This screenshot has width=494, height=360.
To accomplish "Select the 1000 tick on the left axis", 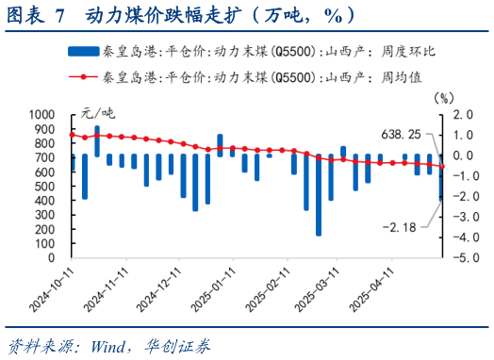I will coord(43,114).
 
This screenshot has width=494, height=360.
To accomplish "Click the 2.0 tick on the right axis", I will coord(462,114).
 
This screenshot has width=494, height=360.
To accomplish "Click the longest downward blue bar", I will coord(319,195).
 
